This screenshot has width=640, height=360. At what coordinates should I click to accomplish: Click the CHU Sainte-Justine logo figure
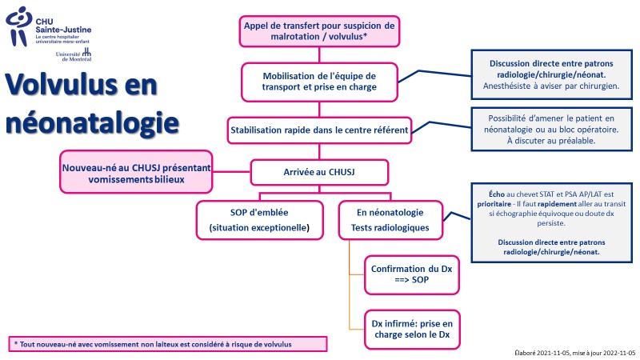click(18, 26)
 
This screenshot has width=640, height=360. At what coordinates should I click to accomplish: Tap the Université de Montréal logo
click(74, 54)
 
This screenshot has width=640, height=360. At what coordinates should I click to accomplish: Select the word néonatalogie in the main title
click(92, 122)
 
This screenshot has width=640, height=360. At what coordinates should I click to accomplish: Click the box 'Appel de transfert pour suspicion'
click(319, 31)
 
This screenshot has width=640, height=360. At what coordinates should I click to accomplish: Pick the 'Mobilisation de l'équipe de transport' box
click(319, 82)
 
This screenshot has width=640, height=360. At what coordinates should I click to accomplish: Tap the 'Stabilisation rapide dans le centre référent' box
click(319, 130)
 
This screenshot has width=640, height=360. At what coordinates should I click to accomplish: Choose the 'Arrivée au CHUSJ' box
click(319, 172)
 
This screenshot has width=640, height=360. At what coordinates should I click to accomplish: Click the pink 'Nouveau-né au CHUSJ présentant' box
click(136, 172)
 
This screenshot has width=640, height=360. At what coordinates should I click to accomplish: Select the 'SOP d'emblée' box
click(259, 220)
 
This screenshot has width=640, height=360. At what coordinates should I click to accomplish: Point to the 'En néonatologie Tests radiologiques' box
click(390, 220)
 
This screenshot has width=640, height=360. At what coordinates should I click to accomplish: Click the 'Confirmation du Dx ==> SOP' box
click(411, 274)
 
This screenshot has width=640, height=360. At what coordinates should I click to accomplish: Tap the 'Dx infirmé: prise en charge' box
click(412, 330)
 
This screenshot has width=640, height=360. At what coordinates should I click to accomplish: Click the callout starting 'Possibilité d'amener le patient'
click(551, 130)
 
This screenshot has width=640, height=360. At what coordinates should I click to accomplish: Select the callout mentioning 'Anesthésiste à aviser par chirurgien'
click(551, 74)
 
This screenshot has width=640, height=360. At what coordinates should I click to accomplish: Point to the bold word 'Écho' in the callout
click(497, 194)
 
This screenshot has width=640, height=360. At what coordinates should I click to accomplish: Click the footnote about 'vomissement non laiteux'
click(168, 344)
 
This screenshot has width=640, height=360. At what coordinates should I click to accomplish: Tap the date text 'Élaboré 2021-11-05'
click(542, 353)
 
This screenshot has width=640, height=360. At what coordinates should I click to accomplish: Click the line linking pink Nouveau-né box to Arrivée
click(231, 172)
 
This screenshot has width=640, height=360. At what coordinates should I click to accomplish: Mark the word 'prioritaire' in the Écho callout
click(494, 204)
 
